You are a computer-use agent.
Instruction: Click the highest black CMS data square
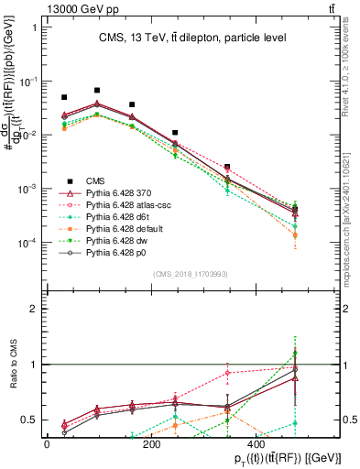97,91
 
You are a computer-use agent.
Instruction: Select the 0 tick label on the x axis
47,443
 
